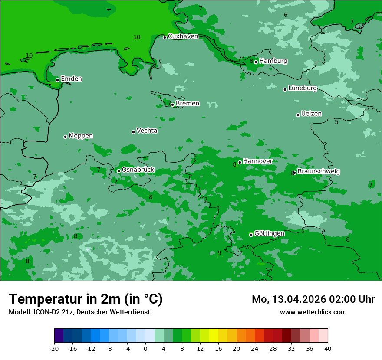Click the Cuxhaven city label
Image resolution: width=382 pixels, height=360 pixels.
[183, 36]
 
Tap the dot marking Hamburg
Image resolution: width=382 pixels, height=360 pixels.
[256, 62]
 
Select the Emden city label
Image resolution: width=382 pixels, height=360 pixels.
[71, 79]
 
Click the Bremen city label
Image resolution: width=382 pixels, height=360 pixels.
[187, 104]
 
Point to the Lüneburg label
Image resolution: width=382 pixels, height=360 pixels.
[302, 88]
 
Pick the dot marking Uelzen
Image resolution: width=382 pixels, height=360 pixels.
[298, 115]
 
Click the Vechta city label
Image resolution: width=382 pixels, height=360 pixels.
[147, 131]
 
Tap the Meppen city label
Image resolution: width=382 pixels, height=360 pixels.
[81, 136]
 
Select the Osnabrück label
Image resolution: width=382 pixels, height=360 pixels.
[138, 170]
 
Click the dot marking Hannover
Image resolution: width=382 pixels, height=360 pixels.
[240, 162]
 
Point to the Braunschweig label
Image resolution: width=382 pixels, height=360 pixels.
[318, 171]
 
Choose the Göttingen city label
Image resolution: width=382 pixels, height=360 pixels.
[269, 233]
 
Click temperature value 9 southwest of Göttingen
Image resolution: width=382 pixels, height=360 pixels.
[219, 253]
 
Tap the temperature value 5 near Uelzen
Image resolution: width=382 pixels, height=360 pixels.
[336, 122]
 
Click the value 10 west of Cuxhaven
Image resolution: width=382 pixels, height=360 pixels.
[137, 37]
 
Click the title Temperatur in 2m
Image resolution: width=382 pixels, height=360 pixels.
[86, 299]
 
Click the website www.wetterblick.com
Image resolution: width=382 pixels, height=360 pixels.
[313, 312]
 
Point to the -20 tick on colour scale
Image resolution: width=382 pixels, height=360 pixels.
[54, 348]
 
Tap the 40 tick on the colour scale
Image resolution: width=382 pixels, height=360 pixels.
[328, 348]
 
